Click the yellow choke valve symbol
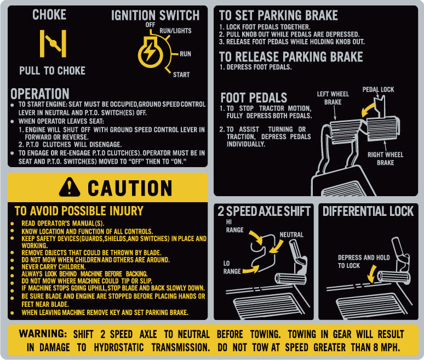[53, 43]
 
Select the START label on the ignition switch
[181, 75]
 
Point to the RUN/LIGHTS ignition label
[175, 31]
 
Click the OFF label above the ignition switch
[150, 25]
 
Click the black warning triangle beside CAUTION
[70, 187]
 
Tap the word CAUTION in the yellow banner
[130, 188]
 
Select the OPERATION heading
[40, 94]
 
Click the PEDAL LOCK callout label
[378, 89]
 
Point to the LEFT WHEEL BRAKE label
[333, 98]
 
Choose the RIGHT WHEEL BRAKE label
[385, 158]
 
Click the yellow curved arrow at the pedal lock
[368, 110]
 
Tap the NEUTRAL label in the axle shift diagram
[291, 235]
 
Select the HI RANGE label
[234, 226]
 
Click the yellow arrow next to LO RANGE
[251, 270]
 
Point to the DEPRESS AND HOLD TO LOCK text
[364, 261]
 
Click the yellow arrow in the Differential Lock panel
[372, 273]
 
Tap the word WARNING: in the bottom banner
[43, 334]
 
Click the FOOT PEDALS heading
[254, 98]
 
